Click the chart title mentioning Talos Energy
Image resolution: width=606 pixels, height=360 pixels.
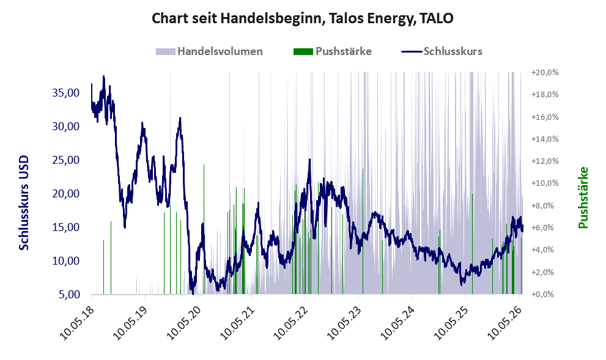[302, 18]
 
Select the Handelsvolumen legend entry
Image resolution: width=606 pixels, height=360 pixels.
[209, 51]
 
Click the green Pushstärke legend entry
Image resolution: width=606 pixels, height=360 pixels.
[333, 51]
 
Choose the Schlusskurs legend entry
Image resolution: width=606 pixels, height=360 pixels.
[442, 51]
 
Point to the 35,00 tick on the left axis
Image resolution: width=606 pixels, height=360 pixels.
[65, 93]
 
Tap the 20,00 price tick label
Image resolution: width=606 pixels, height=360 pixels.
[65, 194]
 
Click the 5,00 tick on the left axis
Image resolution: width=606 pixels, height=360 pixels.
[69, 295]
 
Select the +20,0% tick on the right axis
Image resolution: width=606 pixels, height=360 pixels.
[545, 73]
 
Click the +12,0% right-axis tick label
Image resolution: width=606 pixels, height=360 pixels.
[545, 161]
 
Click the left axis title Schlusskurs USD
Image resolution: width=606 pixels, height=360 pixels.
[24, 202]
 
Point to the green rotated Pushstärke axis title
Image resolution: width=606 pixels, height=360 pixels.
[583, 197]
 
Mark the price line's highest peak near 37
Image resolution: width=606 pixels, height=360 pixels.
[103, 76]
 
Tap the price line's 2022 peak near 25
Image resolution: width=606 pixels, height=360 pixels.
[309, 160]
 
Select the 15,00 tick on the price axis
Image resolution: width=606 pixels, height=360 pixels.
[65, 227]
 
